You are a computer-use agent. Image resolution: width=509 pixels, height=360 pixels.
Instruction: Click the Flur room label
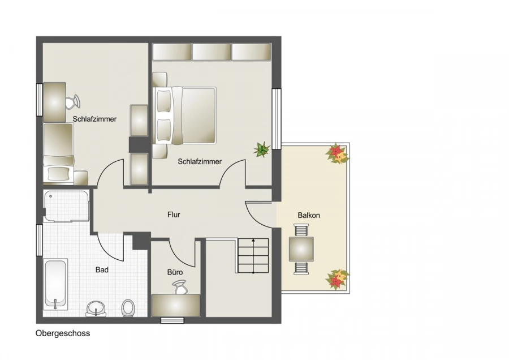(x=174, y=215)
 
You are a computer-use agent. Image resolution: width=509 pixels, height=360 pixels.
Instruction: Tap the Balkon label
(x=309, y=215)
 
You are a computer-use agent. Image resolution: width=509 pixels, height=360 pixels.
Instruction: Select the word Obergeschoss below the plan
(x=63, y=333)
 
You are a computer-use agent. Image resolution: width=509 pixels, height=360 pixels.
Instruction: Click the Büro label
(x=174, y=272)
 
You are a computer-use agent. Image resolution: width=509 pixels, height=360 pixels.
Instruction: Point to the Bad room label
(x=102, y=270)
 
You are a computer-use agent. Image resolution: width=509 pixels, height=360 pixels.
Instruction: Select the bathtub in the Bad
(x=55, y=284)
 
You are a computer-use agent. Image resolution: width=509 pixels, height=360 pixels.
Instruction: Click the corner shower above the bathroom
(x=66, y=206)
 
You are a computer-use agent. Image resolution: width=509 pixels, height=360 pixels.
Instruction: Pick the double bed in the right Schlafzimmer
(x=186, y=115)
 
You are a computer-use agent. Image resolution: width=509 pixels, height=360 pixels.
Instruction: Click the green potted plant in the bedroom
(x=262, y=150)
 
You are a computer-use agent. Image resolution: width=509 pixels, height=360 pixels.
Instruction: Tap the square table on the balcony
(x=301, y=248)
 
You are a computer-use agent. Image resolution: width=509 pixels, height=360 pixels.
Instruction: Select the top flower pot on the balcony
(x=337, y=153)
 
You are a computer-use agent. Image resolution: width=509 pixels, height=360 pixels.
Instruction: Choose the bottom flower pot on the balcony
(x=337, y=279)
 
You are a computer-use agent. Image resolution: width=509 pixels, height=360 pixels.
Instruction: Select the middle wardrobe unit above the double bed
(x=212, y=52)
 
